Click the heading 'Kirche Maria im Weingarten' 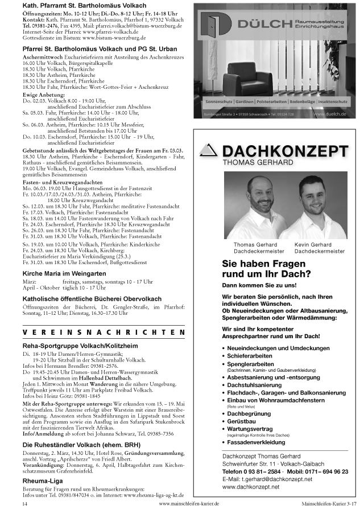(x=64, y=274)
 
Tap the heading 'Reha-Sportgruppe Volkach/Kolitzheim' (x=80, y=345)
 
